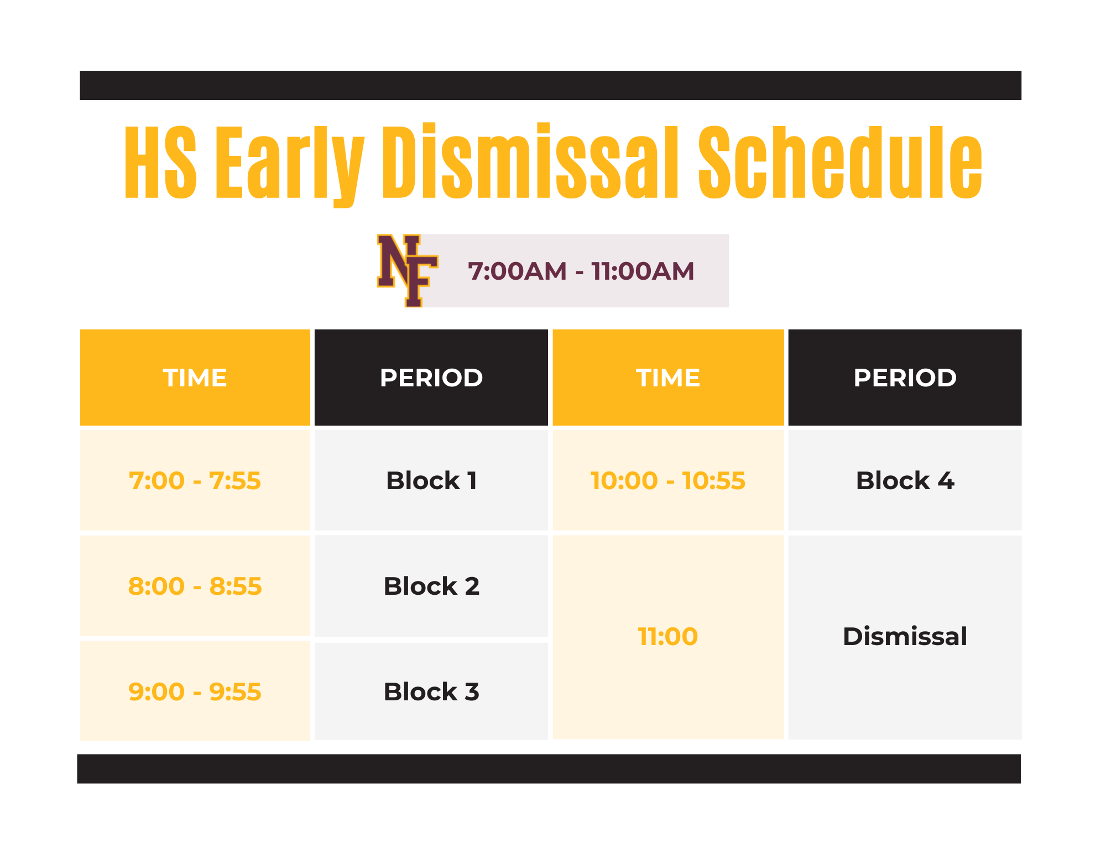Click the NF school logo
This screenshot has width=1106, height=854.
[x=407, y=270]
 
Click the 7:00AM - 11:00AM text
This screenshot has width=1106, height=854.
[x=581, y=271]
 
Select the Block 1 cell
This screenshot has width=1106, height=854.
[x=431, y=480]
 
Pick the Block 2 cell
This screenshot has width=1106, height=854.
[x=431, y=586]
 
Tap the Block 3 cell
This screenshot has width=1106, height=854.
[x=431, y=691]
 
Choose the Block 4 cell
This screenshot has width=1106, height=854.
[x=905, y=480]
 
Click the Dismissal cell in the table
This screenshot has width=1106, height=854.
[x=905, y=636]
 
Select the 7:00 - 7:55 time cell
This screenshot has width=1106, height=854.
[x=195, y=480]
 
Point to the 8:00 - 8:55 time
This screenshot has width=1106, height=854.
[x=195, y=586]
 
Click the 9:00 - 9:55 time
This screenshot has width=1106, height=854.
[x=195, y=691]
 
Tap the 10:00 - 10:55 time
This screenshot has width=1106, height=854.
[x=668, y=480]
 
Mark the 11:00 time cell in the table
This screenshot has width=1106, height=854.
[x=668, y=636]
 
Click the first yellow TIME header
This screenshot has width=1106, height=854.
[x=195, y=378]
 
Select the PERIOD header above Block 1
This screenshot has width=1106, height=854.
[x=431, y=378]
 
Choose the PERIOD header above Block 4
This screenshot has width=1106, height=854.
[x=905, y=378]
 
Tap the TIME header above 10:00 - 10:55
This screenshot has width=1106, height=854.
[x=668, y=378]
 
